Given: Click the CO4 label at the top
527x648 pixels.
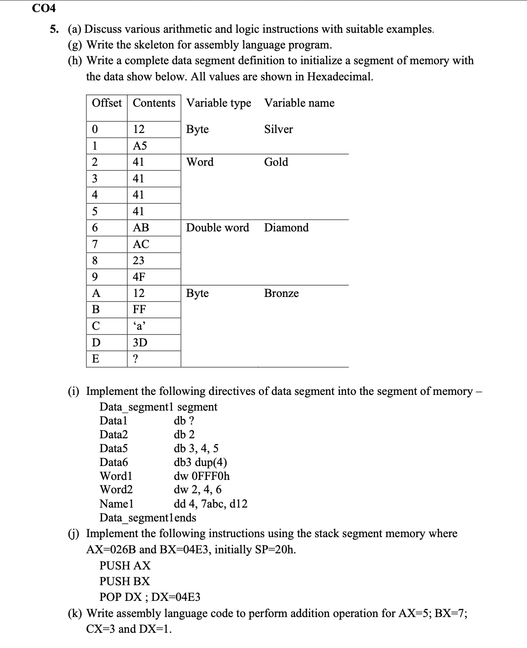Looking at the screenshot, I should [x=43, y=8].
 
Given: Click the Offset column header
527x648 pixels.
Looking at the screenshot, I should [x=107, y=103].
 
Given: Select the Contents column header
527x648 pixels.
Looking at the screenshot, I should [x=154, y=103].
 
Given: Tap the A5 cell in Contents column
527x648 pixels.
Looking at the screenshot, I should [x=139, y=145].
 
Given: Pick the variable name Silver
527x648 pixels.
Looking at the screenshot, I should [x=278, y=129].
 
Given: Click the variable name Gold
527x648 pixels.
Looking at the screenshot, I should [x=276, y=162].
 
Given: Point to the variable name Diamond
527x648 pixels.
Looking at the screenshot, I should [x=286, y=228].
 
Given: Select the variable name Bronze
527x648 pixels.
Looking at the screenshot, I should [x=281, y=293].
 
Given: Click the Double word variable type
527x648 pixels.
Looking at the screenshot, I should [x=217, y=228].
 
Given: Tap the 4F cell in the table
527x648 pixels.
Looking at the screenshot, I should [x=139, y=277].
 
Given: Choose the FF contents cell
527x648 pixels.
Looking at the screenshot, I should [x=139, y=309].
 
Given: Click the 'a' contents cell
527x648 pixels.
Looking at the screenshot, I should [x=139, y=326].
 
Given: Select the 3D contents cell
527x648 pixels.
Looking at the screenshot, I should [x=139, y=343].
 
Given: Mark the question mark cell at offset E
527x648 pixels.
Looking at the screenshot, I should [x=135, y=359].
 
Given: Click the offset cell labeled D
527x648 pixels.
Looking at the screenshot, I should [x=96, y=343].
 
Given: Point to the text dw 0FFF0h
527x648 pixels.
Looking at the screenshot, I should [x=201, y=476].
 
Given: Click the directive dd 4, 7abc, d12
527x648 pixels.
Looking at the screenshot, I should [x=210, y=504].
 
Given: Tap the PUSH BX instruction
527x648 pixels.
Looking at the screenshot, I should [x=125, y=581].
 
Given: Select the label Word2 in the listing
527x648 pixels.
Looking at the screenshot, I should [x=116, y=490].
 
